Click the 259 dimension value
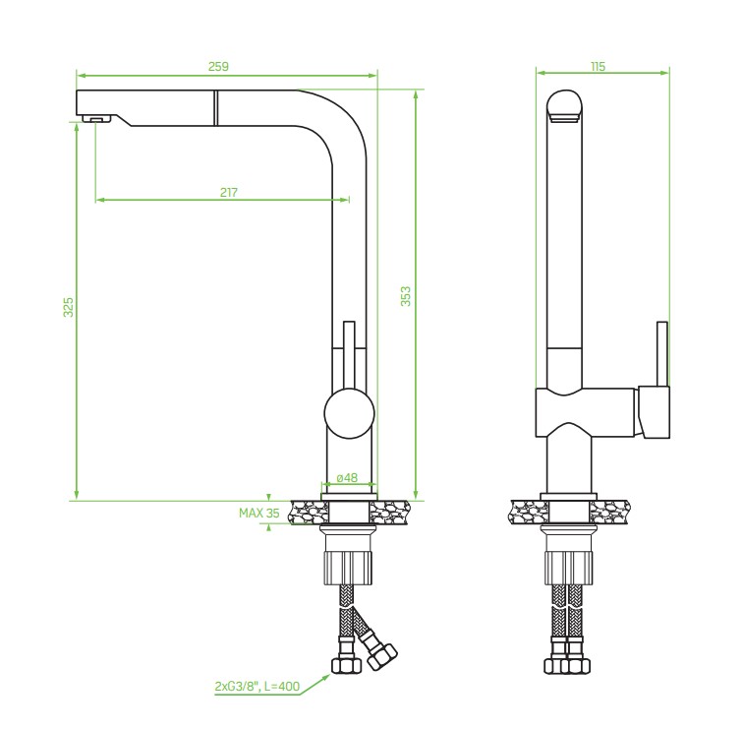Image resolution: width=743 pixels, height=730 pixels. pyautogui.click(x=218, y=66)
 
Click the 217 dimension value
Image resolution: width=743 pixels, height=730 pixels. pyautogui.click(x=229, y=193)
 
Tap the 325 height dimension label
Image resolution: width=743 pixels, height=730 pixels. pyautogui.click(x=69, y=307)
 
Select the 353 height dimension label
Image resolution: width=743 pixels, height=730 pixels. pyautogui.click(x=406, y=296)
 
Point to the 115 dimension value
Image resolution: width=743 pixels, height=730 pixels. pyautogui.click(x=598, y=66)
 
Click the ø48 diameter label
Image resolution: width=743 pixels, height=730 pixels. pyautogui.click(x=347, y=478)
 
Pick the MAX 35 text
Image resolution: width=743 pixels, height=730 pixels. pyautogui.click(x=259, y=513)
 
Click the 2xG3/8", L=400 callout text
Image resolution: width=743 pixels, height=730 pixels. pyautogui.click(x=257, y=686)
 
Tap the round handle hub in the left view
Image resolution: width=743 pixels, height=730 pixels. pyautogui.click(x=349, y=413)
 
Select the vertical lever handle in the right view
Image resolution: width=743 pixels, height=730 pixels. pyautogui.click(x=662, y=354)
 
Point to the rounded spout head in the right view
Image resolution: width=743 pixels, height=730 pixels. pyautogui.click(x=564, y=106)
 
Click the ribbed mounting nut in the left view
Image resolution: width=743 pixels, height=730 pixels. pyautogui.click(x=348, y=568)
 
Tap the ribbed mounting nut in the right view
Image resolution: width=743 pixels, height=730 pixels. pyautogui.click(x=568, y=568)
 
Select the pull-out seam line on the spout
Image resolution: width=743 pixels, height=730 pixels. pyautogui.click(x=216, y=107)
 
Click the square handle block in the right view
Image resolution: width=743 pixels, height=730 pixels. pyautogui.click(x=654, y=411)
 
